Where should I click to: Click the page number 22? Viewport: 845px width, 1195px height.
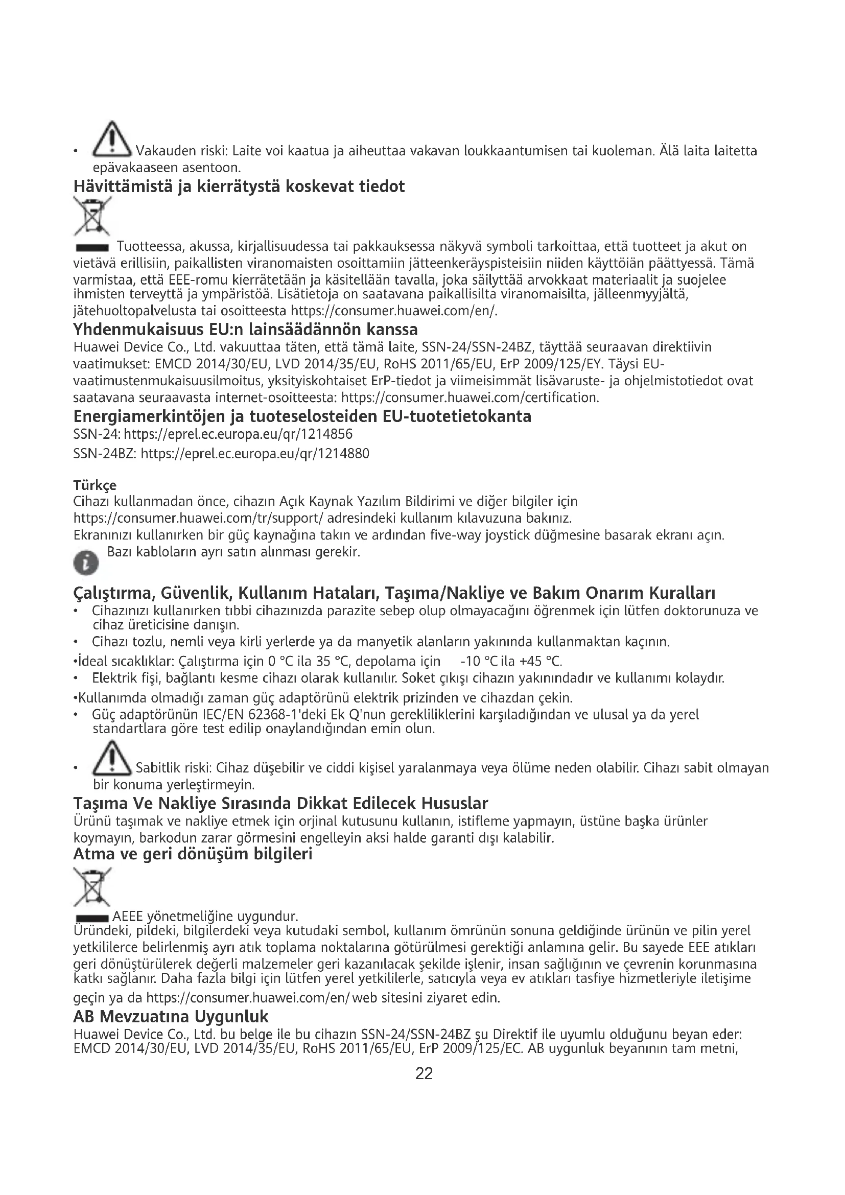pyautogui.click(x=424, y=1073)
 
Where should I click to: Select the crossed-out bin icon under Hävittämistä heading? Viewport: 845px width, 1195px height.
pyautogui.click(x=92, y=217)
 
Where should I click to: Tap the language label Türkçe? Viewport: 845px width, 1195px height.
pyautogui.click(x=95, y=485)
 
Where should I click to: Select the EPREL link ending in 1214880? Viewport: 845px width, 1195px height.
pyautogui.click(x=255, y=454)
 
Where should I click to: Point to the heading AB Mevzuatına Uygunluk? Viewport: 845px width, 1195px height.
pyautogui.click(x=171, y=1017)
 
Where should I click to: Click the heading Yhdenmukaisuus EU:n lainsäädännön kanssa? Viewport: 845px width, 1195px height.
pyautogui.click(x=246, y=330)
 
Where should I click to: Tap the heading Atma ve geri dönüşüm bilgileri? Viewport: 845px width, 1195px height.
pyautogui.click(x=193, y=854)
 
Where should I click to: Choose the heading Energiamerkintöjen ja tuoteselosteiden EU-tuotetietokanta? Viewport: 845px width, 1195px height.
pyautogui.click(x=302, y=416)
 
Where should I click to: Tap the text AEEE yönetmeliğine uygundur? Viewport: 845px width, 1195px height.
pyautogui.click(x=205, y=917)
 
